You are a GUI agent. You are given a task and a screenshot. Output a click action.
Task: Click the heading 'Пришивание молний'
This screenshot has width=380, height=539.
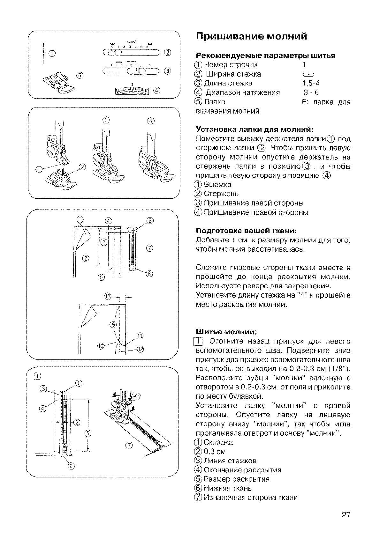[x=252, y=36]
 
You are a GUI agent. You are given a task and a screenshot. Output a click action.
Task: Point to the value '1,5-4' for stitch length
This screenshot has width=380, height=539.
[x=311, y=83]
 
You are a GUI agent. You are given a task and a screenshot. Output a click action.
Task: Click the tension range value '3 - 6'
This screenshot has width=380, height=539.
[x=311, y=92]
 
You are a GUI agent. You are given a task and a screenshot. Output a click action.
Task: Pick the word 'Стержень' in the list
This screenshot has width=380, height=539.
[x=221, y=194]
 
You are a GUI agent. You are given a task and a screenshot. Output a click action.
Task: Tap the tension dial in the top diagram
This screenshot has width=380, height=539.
[x=132, y=91]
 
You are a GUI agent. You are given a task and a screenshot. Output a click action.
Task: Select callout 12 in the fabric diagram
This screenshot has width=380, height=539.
[x=141, y=349]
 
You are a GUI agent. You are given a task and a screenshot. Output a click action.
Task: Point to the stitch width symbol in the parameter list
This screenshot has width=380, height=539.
[x=308, y=74]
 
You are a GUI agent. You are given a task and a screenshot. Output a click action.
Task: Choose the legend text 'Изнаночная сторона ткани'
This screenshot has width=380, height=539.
[x=251, y=497]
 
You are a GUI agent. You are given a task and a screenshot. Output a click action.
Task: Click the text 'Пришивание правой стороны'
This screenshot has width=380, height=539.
[x=256, y=212]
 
